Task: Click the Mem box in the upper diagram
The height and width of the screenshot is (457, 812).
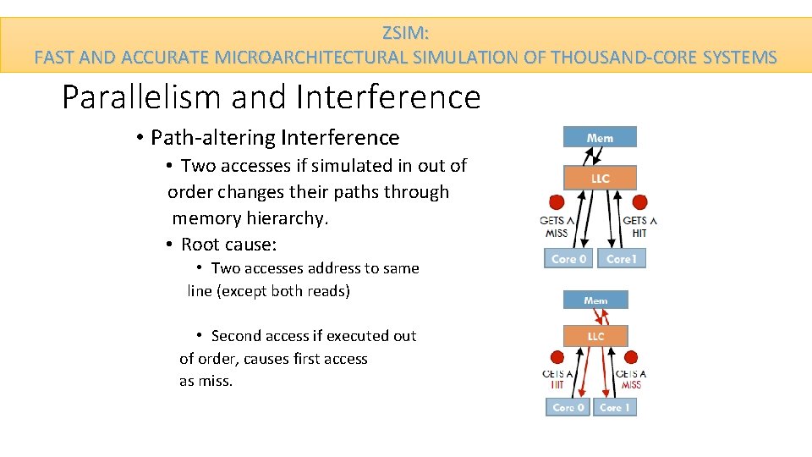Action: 600,137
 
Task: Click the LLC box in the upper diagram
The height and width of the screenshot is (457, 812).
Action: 600,178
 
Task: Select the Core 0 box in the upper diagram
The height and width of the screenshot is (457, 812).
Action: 569,258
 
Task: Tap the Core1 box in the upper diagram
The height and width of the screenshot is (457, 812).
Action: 622,258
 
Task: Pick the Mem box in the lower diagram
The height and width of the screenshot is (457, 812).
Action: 595,300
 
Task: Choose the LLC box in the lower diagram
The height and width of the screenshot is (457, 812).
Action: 595,336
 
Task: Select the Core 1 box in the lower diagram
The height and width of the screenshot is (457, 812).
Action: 615,407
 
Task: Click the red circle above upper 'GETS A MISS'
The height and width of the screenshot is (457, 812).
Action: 557,202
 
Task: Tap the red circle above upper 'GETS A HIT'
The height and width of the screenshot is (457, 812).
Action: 640,202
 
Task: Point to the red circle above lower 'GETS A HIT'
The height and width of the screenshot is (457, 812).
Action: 557,357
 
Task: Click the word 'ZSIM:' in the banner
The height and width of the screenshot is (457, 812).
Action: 406,34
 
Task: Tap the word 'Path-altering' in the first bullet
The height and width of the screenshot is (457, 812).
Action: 213,137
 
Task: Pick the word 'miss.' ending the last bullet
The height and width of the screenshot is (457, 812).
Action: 215,381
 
